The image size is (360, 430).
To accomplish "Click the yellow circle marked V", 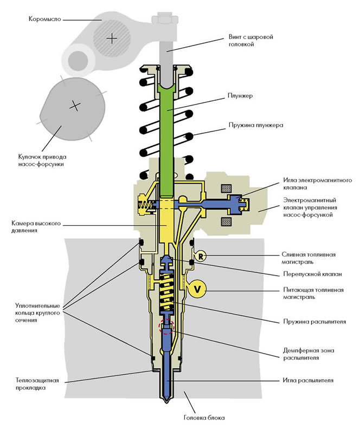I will point(197,289).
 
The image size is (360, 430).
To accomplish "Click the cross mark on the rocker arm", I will point(112,38).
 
